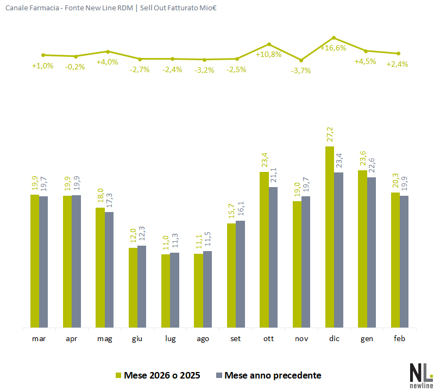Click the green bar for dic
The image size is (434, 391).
click(x=329, y=237)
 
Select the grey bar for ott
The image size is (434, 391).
click(x=273, y=257)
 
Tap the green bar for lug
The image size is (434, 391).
click(x=166, y=291)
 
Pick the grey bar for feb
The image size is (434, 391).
click(x=404, y=261)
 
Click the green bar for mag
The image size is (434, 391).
click(x=100, y=267)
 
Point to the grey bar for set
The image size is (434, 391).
click(x=240, y=274)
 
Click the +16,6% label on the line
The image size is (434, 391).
click(x=333, y=48)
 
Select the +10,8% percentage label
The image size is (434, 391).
click(x=268, y=54)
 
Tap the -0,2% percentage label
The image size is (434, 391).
click(x=75, y=67)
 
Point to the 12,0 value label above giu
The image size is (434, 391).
click(x=133, y=239)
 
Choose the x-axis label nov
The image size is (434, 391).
click(x=301, y=339)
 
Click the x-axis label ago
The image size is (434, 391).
click(x=203, y=339)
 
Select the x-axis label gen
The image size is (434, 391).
click(x=366, y=339)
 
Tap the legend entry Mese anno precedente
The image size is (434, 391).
click(x=272, y=375)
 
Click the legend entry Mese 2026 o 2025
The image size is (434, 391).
click(x=162, y=375)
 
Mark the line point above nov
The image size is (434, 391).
click(x=301, y=60)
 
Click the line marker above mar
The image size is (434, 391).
click(x=43, y=55)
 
